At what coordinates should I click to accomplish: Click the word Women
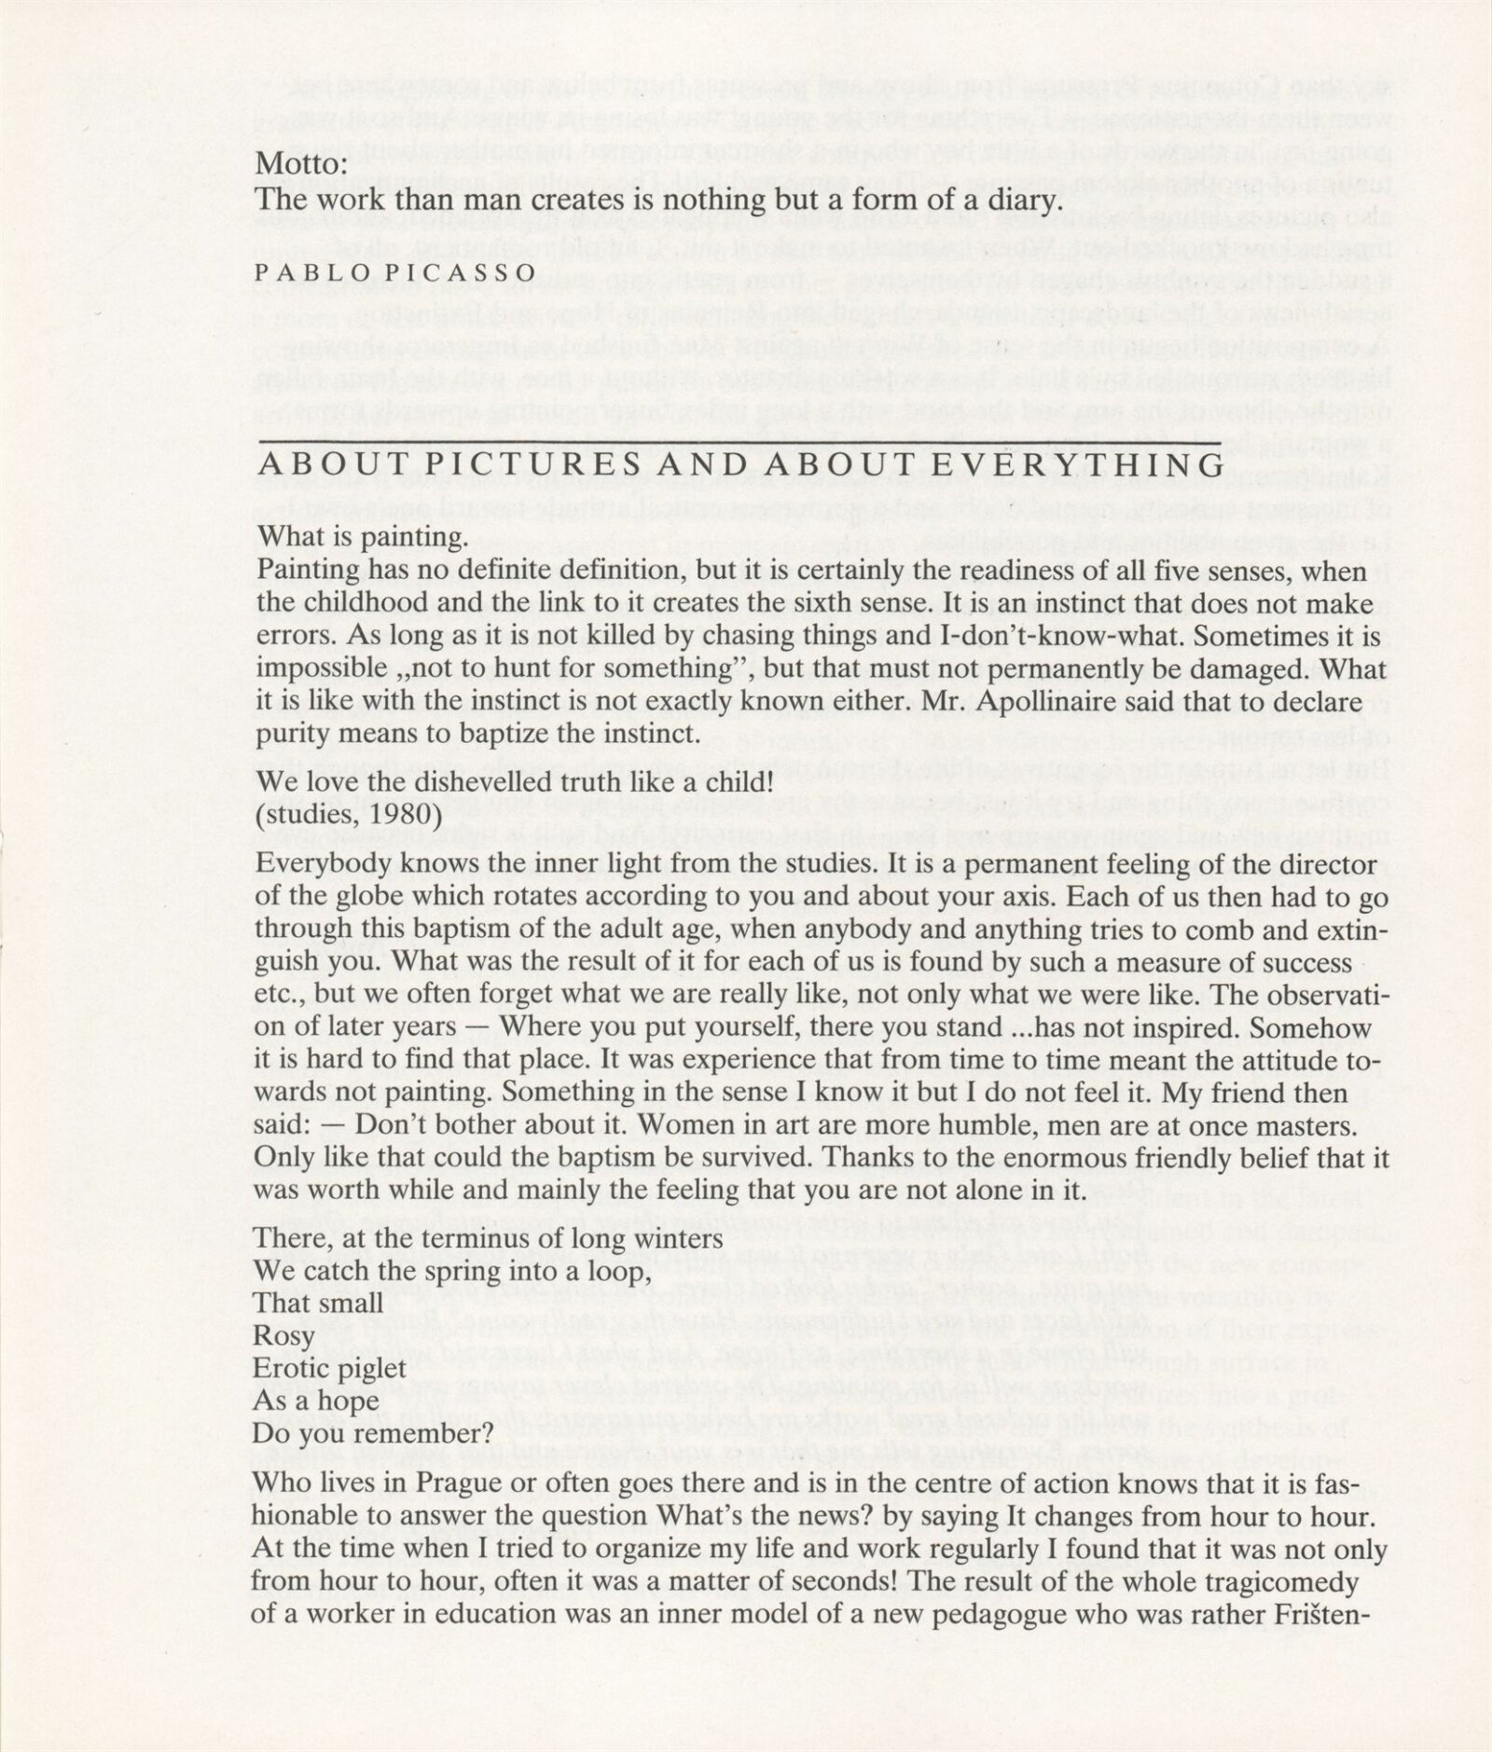pyautogui.click(x=682, y=1125)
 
